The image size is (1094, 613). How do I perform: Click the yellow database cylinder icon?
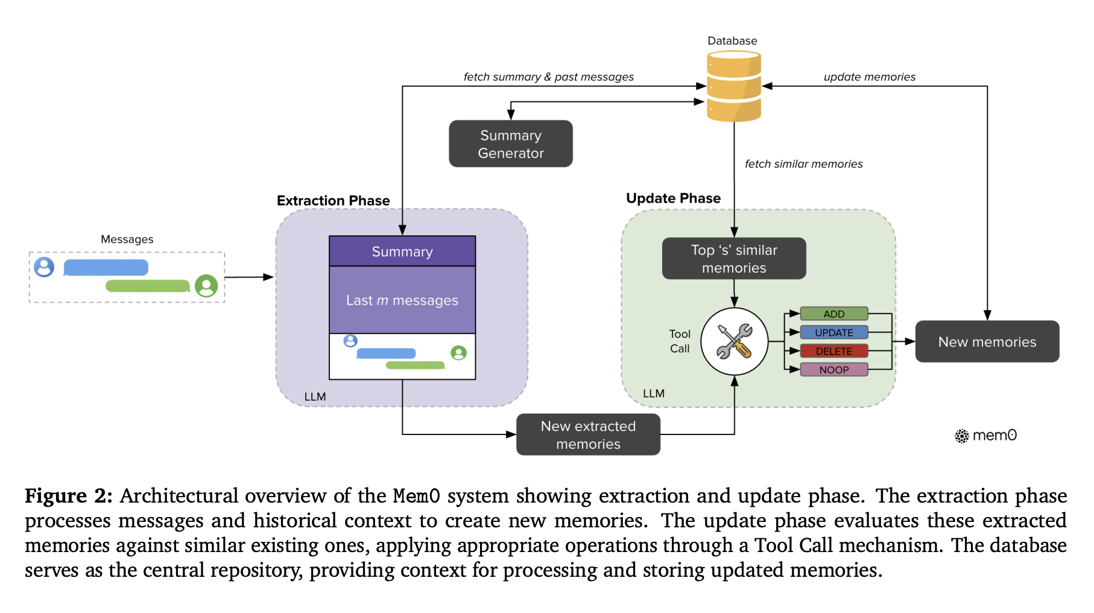pos(733,86)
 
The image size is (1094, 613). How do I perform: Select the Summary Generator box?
pos(511,144)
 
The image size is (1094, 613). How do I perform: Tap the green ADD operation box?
pos(834,314)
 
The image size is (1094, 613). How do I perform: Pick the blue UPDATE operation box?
pos(834,332)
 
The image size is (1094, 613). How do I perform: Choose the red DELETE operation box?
pos(834,351)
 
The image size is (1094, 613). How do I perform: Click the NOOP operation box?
pos(834,370)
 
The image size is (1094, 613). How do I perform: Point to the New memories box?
pos(987,342)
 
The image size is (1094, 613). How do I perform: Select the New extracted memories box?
pos(588,435)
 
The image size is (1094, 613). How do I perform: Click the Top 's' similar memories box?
pos(734,259)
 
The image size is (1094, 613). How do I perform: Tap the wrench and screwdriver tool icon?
pos(734,341)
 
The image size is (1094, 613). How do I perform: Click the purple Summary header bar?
pos(402,252)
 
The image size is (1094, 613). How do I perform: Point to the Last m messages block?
pos(402,300)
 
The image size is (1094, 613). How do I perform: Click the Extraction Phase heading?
pos(333,200)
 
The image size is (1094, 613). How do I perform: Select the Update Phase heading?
pos(673,199)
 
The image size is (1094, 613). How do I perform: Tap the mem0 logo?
pos(986,436)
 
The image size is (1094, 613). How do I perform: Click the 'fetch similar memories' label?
pos(803,164)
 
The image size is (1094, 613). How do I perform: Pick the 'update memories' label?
pos(869,77)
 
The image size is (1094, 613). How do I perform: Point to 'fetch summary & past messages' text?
pos(548,77)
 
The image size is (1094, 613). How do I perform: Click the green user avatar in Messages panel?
pos(206,285)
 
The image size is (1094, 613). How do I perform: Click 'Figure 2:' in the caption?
pos(68,496)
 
